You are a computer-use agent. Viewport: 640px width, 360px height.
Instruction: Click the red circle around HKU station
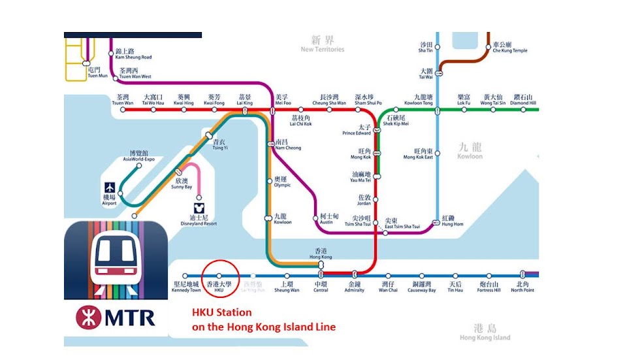tap(219, 276)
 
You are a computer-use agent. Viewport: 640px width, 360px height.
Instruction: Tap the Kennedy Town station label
tap(185, 287)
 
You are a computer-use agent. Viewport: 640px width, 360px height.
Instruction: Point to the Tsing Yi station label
tap(219, 144)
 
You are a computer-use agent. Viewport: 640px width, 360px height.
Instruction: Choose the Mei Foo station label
tap(282, 100)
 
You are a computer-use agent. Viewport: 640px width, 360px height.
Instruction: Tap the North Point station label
tap(522, 287)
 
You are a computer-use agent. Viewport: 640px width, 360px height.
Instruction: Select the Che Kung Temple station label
tap(510, 48)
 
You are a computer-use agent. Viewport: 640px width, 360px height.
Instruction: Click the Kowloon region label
tap(470, 152)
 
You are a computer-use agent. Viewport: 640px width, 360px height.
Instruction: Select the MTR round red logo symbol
tap(88, 318)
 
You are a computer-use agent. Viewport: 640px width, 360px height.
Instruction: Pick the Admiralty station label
tap(354, 287)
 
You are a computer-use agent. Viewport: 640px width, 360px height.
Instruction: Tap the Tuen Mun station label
tap(95, 73)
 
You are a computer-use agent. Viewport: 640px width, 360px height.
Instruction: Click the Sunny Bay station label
tap(182, 183)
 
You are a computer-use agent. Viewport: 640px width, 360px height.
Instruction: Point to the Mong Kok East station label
tap(418, 154)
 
